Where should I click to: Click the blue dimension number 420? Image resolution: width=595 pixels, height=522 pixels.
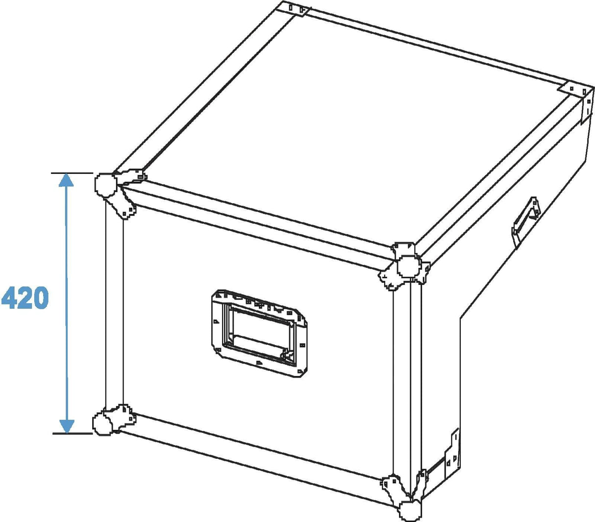tap(25, 298)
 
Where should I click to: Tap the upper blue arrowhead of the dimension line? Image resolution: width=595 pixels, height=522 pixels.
tap(66, 180)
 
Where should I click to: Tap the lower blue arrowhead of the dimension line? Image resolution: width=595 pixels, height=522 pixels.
tap(67, 427)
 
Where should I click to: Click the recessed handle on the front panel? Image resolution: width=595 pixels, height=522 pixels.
tap(259, 333)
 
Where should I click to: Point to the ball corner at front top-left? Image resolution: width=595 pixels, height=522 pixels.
tap(105, 186)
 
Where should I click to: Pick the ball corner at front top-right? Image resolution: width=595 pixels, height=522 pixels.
tap(409, 266)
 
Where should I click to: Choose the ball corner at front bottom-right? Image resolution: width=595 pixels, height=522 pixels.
tap(410, 511)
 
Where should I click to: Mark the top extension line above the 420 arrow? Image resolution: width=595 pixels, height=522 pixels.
tap(72, 173)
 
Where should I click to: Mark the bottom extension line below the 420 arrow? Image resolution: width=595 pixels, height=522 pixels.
tap(73, 433)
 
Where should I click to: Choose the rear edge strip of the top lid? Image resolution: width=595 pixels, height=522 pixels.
tap(435, 50)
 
